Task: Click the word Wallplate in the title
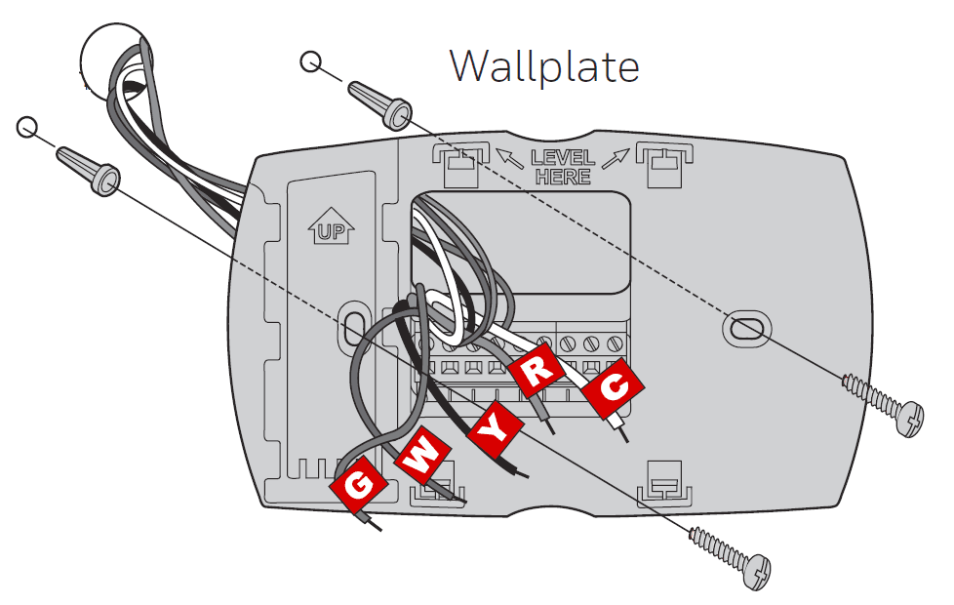click(x=544, y=66)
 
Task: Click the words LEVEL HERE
click(x=562, y=167)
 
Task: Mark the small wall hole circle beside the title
click(x=310, y=62)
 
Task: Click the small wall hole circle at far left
click(x=27, y=127)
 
